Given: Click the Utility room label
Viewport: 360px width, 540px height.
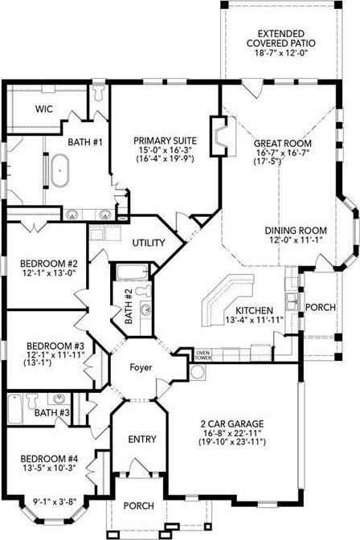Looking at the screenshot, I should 149,243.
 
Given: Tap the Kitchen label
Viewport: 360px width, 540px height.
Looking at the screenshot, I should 253,310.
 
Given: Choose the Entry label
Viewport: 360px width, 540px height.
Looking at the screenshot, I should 141,440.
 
